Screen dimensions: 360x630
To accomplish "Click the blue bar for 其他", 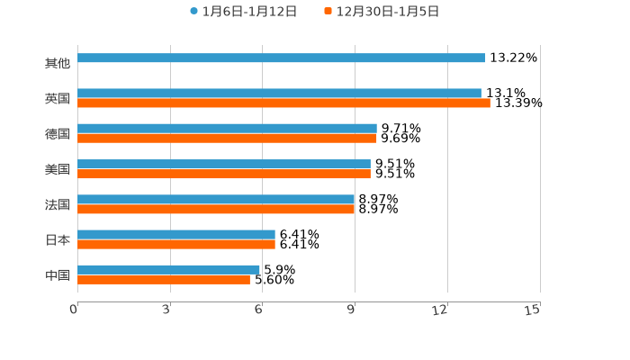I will (281, 58).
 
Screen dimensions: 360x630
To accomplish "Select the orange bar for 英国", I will (283, 103).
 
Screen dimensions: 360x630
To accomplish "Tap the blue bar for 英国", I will (279, 93).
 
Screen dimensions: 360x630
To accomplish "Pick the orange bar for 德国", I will (227, 139).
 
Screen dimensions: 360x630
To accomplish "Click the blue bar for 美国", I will (224, 164).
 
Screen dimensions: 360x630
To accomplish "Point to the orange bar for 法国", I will (216, 210).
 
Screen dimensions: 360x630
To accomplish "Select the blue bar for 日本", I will (176, 234).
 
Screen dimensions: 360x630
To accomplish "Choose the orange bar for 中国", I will (164, 280).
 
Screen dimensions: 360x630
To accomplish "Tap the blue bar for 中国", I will (168, 269).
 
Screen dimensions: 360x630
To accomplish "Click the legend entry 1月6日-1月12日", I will (243, 12).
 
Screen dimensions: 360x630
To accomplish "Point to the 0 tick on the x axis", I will (74, 310).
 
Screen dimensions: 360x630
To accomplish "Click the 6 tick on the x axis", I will (259, 310).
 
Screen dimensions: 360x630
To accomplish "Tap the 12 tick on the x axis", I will (441, 310).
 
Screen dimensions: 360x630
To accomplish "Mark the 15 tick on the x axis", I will (533, 310).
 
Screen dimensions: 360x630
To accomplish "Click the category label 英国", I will (58, 98).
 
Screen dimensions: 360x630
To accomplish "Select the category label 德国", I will (58, 133).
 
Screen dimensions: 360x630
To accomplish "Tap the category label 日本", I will (58, 239).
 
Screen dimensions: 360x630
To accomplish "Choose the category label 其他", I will (58, 63).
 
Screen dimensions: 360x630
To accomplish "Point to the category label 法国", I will (58, 204).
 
